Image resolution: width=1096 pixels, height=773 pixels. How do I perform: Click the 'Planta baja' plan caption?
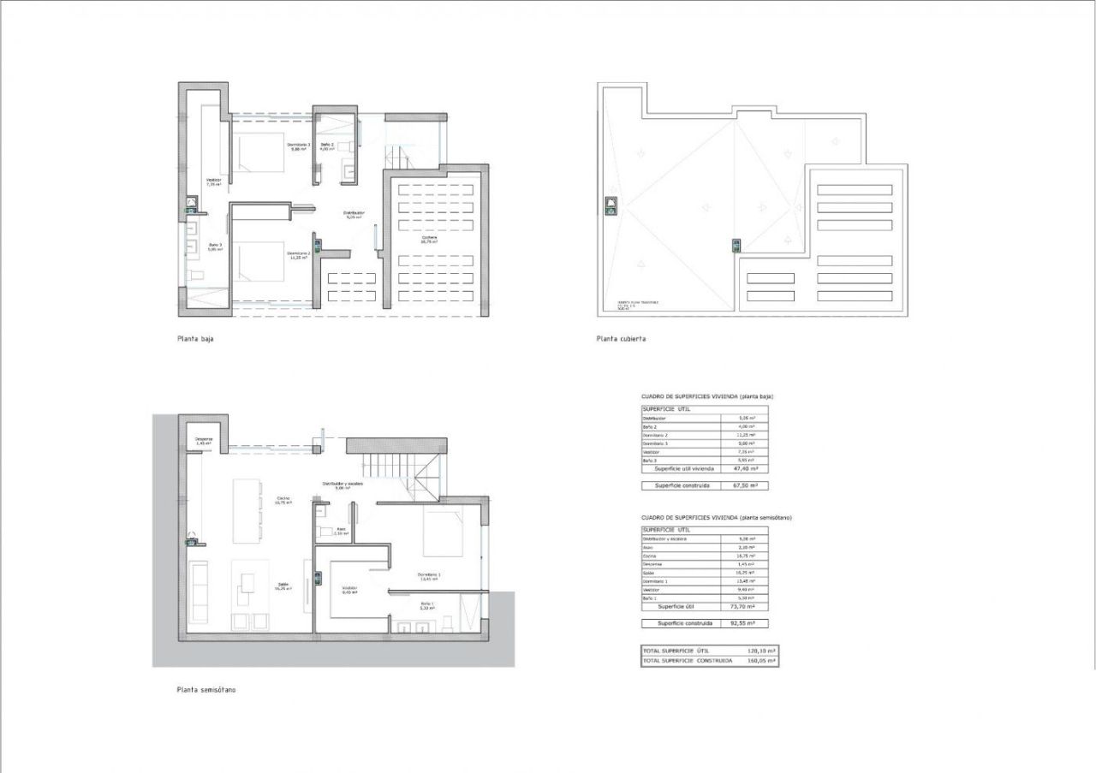195,339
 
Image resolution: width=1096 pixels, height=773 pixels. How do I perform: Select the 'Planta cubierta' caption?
621,339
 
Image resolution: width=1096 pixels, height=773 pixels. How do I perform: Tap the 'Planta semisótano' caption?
205,689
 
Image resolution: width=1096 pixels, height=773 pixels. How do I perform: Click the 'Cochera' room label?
429,239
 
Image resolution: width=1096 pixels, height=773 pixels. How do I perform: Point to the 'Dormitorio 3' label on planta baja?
298,146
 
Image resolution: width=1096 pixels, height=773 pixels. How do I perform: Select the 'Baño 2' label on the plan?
327,146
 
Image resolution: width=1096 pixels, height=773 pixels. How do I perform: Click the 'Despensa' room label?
203,442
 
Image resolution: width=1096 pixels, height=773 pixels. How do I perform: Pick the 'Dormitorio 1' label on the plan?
429,575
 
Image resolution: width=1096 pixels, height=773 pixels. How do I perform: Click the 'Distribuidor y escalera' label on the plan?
342,485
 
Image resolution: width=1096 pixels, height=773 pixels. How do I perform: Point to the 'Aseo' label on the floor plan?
340,531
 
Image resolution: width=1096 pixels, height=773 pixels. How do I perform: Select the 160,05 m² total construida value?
760,661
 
